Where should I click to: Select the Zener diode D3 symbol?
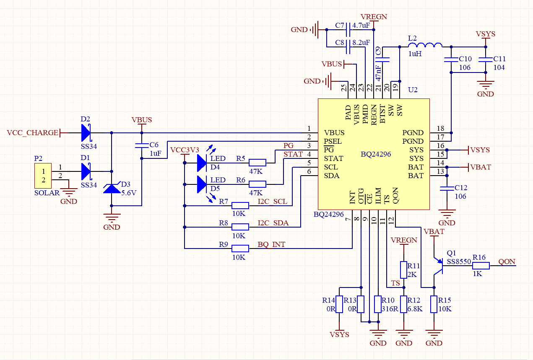tap(112, 188)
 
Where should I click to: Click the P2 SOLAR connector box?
tap(43, 176)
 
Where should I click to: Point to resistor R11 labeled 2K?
tap(403, 270)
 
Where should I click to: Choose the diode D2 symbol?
tap(86, 133)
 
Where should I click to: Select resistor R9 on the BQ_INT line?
tap(240, 249)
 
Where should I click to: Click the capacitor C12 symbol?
tap(447, 189)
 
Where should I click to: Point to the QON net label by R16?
tap(507, 262)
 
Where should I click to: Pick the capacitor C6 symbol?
tap(142, 146)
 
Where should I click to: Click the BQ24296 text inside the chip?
tap(376, 154)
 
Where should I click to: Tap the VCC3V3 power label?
tap(185, 150)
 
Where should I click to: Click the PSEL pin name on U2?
tap(333, 141)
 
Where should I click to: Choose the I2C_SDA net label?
tap(273, 223)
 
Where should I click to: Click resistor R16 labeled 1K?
tap(481, 266)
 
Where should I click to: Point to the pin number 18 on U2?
tap(440, 129)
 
